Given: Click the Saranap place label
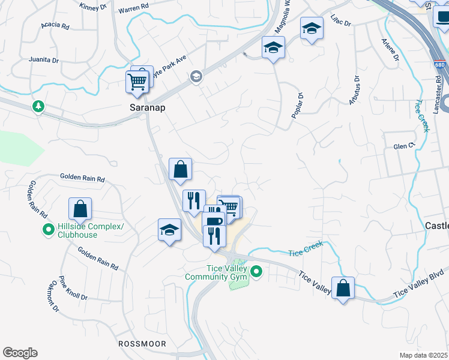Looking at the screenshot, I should [148, 108].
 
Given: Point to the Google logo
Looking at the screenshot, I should [20, 353].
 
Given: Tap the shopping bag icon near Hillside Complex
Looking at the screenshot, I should [80, 209].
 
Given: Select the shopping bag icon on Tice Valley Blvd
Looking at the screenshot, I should [343, 289].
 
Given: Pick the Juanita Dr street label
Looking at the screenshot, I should [44, 61].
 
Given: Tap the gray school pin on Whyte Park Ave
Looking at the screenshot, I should [195, 76].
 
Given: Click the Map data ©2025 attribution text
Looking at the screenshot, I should [423, 355].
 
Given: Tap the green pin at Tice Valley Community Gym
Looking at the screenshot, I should [256, 272].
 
